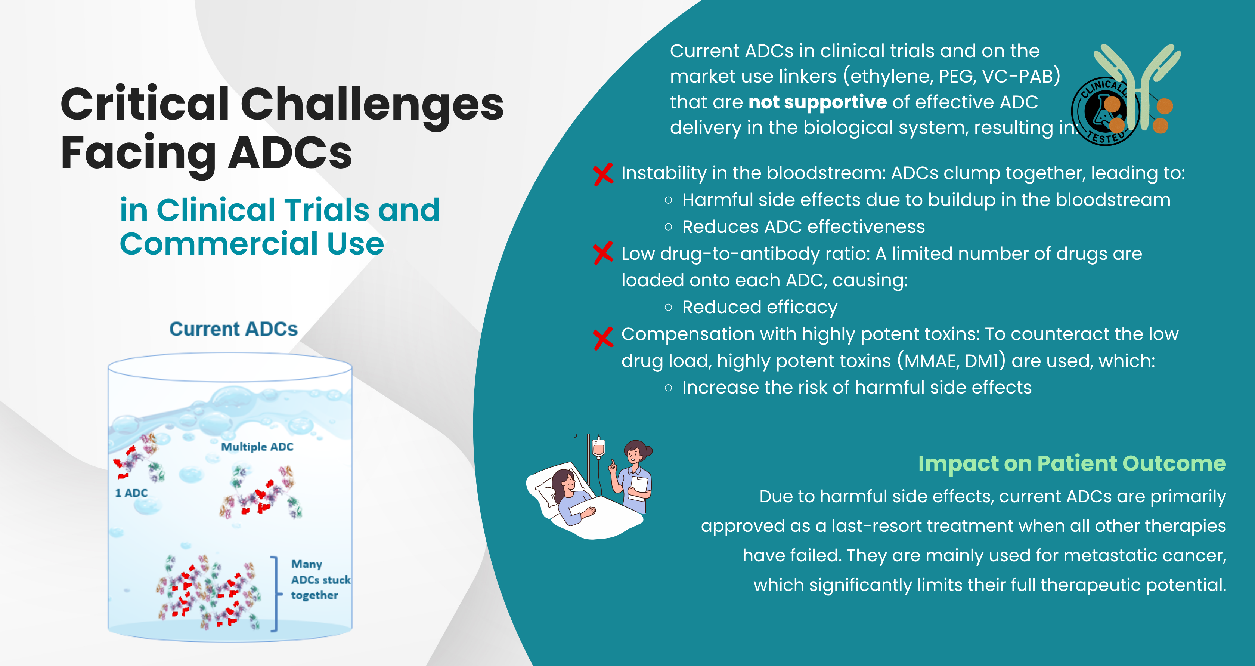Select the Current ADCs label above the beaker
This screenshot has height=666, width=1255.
233,329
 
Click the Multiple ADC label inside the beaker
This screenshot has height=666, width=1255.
257,447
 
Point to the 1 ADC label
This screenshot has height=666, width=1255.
131,493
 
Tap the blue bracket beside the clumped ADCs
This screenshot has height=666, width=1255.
276,594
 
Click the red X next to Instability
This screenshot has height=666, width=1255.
603,174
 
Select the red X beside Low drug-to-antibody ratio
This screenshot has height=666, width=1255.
603,253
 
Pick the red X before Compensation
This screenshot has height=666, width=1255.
603,338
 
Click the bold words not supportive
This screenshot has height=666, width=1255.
818,102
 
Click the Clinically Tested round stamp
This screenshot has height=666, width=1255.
1105,111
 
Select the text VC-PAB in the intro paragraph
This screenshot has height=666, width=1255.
1021,77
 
